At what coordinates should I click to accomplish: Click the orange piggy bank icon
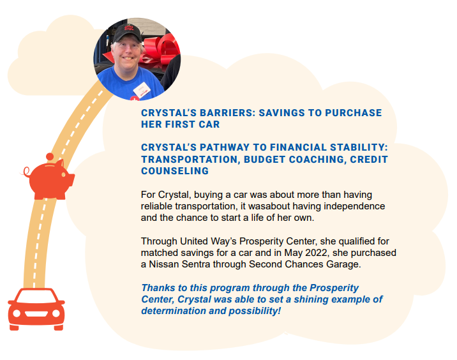tap(50, 179)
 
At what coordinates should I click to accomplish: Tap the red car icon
tap(36, 310)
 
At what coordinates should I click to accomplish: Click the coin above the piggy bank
tap(50, 156)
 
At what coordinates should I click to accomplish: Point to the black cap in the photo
tap(127, 33)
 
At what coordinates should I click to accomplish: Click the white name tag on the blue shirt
tap(142, 90)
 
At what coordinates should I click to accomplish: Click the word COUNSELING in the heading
tap(175, 170)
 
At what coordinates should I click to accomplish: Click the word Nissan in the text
tap(164, 264)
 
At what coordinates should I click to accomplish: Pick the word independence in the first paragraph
tap(354, 206)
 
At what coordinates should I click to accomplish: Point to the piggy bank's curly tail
tap(26, 172)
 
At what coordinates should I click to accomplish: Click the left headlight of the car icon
tap(17, 313)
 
